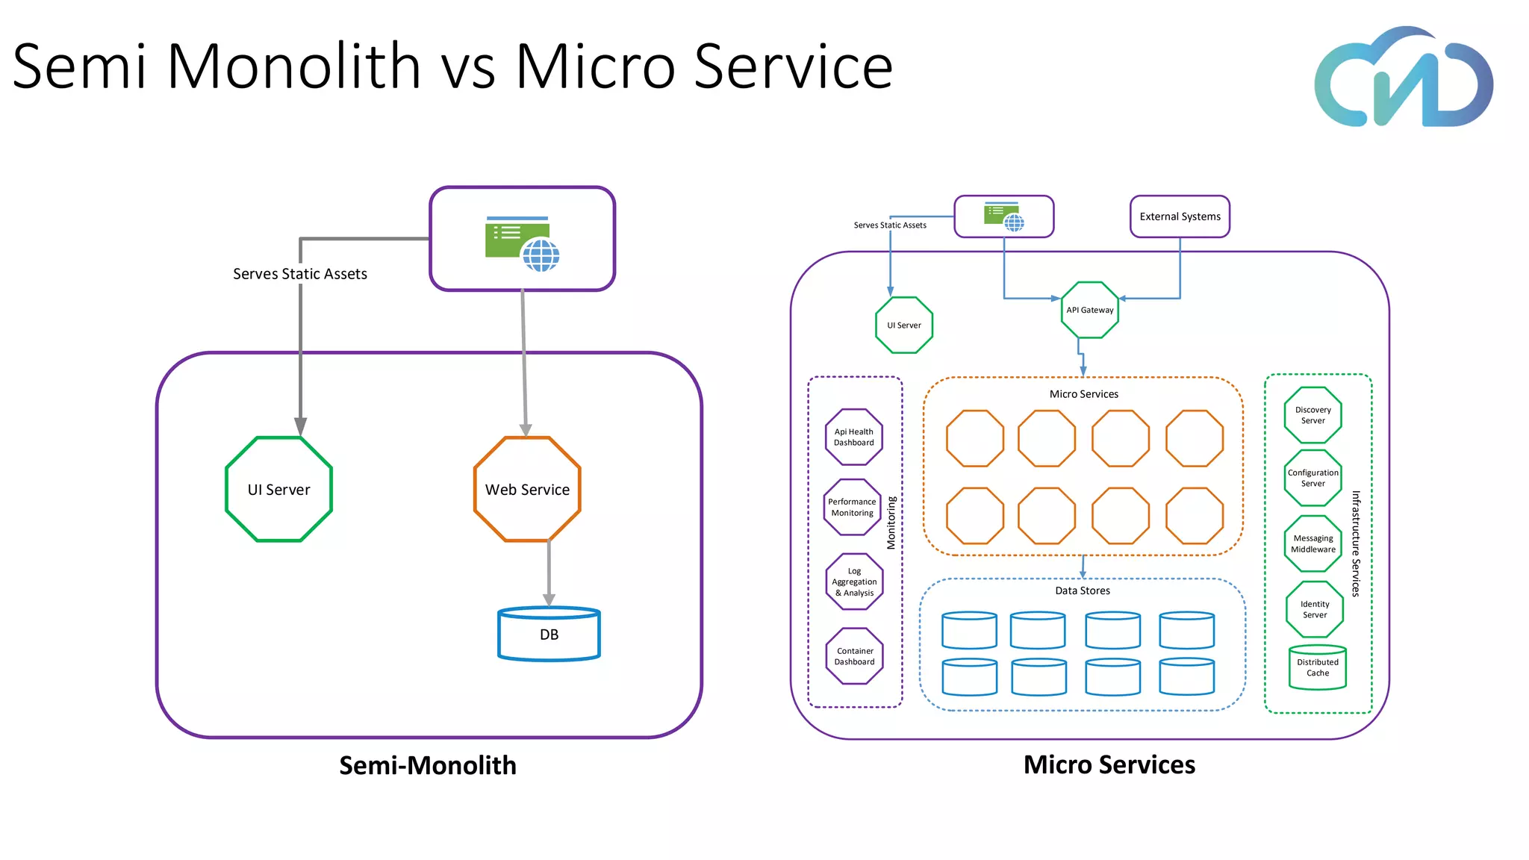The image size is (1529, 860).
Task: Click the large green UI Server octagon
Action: (278, 489)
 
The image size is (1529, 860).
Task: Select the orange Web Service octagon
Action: (527, 489)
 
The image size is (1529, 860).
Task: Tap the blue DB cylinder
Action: (549, 635)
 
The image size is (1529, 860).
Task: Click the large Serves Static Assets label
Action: (299, 274)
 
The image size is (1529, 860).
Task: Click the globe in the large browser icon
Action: (541, 255)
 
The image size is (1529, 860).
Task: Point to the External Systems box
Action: (1180, 216)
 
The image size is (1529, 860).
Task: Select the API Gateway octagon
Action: (1089, 310)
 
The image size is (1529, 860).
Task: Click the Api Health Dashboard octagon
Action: (853, 437)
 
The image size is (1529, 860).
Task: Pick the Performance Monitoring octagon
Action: (852, 507)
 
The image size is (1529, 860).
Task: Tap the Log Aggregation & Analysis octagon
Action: (854, 582)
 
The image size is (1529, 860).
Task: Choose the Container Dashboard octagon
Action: (854, 656)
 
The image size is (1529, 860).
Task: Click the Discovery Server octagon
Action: (1312, 415)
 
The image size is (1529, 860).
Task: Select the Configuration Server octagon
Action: (1312, 478)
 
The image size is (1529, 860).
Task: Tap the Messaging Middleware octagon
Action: (1312, 543)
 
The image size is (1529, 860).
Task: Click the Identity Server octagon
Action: (1314, 609)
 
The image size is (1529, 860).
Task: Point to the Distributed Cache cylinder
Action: (1317, 667)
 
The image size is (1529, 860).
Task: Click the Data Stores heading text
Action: (1082, 591)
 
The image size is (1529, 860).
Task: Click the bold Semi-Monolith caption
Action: (427, 765)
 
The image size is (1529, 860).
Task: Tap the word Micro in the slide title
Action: (594, 67)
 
